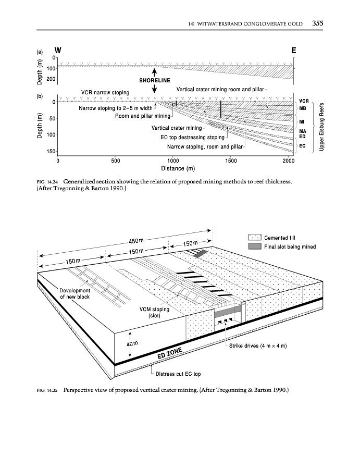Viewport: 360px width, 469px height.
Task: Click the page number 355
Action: click(319, 23)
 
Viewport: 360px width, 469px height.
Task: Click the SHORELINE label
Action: click(155, 80)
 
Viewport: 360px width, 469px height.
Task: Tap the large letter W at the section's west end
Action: click(58, 51)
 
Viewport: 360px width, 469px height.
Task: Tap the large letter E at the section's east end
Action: click(294, 51)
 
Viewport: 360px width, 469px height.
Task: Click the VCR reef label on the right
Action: click(304, 101)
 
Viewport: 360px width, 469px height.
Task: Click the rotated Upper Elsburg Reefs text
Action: click(322, 127)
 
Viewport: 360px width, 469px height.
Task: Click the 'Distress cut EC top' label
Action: click(178, 374)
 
